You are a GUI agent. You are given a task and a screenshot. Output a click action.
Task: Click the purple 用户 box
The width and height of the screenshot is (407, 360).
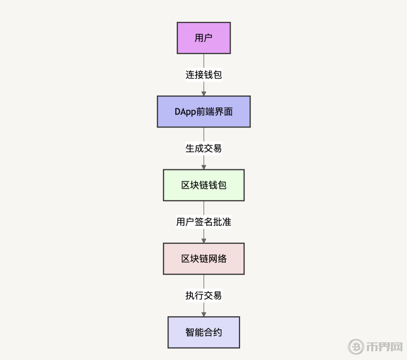204,38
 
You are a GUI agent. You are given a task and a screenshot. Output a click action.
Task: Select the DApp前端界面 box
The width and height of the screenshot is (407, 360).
204,111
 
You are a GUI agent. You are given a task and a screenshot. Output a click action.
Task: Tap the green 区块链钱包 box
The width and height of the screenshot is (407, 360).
204,185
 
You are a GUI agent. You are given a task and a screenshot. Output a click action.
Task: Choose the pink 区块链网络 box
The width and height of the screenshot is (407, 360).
204,259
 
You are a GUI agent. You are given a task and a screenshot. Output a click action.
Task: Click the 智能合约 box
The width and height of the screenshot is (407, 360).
204,332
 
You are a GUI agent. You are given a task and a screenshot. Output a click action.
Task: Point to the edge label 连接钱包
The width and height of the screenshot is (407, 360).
204,75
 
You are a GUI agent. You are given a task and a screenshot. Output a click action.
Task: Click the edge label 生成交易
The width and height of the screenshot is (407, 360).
204,148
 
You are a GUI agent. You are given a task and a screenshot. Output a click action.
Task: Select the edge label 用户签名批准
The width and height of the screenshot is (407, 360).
204,222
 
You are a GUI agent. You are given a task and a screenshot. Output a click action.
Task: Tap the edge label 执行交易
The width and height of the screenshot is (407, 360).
204,295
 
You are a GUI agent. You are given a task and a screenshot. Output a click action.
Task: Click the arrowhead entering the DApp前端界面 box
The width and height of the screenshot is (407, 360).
204,94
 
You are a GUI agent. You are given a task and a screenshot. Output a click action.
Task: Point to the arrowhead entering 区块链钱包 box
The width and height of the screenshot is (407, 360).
204,167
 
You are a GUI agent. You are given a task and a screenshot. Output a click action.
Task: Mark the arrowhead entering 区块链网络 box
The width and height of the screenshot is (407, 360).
204,241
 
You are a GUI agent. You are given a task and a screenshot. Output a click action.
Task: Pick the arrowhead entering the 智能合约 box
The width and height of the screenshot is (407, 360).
204,314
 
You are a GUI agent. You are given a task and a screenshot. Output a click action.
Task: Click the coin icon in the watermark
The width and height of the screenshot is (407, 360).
356,346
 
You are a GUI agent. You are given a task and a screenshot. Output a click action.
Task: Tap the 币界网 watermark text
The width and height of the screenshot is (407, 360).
384,347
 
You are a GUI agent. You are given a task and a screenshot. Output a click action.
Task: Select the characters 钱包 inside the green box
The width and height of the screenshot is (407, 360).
217,185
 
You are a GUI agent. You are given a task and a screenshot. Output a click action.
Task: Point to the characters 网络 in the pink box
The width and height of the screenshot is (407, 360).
217,259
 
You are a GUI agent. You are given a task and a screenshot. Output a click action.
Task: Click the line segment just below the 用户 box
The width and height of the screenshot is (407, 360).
204,61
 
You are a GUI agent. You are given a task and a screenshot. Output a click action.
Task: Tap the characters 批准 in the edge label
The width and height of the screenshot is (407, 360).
222,222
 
